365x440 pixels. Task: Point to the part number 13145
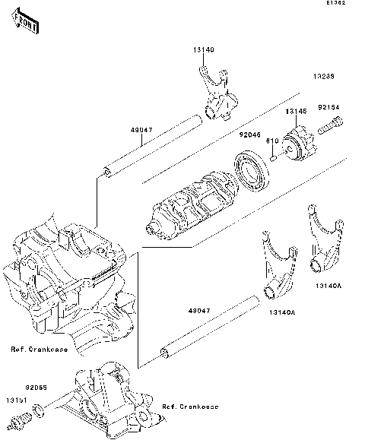pos(295,112)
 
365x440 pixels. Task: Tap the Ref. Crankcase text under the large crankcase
pos(39,350)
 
